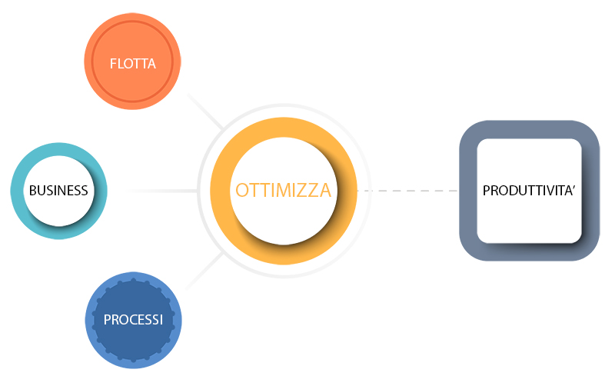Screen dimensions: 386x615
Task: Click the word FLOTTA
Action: tap(132, 64)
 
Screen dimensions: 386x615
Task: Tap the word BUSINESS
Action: tap(58, 191)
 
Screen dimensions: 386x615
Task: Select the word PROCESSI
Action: tap(133, 320)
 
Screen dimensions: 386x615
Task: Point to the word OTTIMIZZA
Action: tap(283, 190)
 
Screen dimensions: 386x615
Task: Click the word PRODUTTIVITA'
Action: tap(529, 191)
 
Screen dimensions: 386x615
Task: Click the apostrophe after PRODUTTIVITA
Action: tap(573, 187)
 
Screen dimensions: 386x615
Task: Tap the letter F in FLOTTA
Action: tap(112, 64)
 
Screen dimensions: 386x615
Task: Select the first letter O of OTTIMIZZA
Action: tap(241, 190)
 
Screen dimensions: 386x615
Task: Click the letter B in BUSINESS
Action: tap(32, 191)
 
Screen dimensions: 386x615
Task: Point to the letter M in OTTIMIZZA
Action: tap(284, 190)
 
